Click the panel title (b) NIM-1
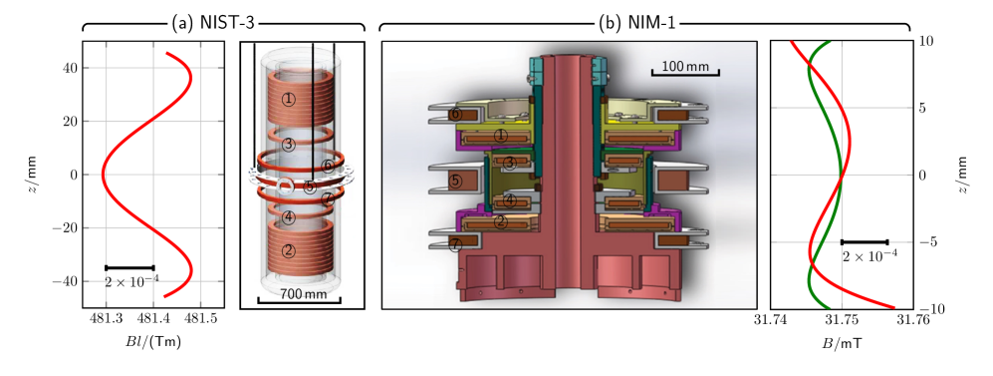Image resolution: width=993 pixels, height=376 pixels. tap(637, 24)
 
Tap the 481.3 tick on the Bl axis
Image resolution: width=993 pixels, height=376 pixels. tap(107, 319)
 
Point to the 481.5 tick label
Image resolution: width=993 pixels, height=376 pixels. tap(202, 319)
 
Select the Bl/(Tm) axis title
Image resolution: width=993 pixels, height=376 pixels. tap(154, 344)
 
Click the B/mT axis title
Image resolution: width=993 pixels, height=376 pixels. tap(843, 344)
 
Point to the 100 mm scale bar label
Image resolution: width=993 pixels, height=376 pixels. tap(685, 66)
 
